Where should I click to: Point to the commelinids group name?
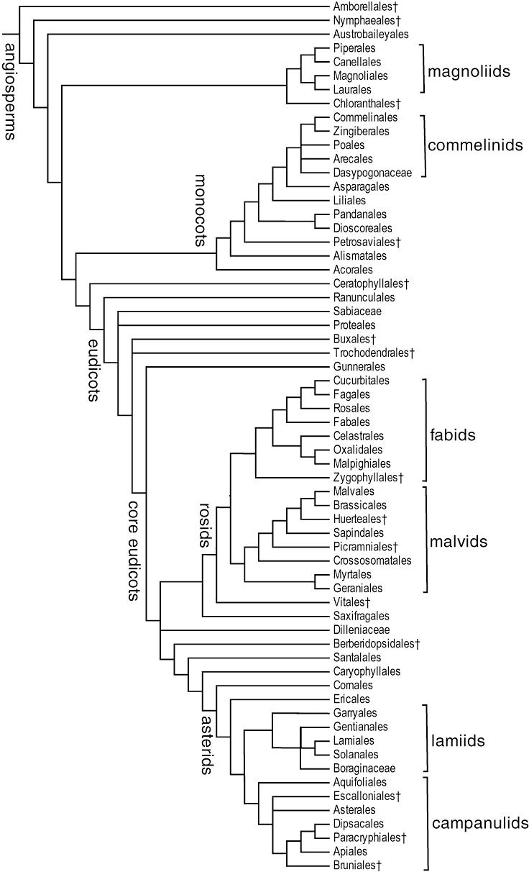click(x=475, y=145)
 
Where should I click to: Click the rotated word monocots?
click(x=201, y=210)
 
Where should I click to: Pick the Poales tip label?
click(x=349, y=145)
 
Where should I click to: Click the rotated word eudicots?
click(x=93, y=370)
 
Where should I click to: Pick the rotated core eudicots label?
click(x=133, y=550)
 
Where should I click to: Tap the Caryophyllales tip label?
click(x=367, y=671)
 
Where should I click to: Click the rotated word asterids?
click(x=207, y=744)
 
